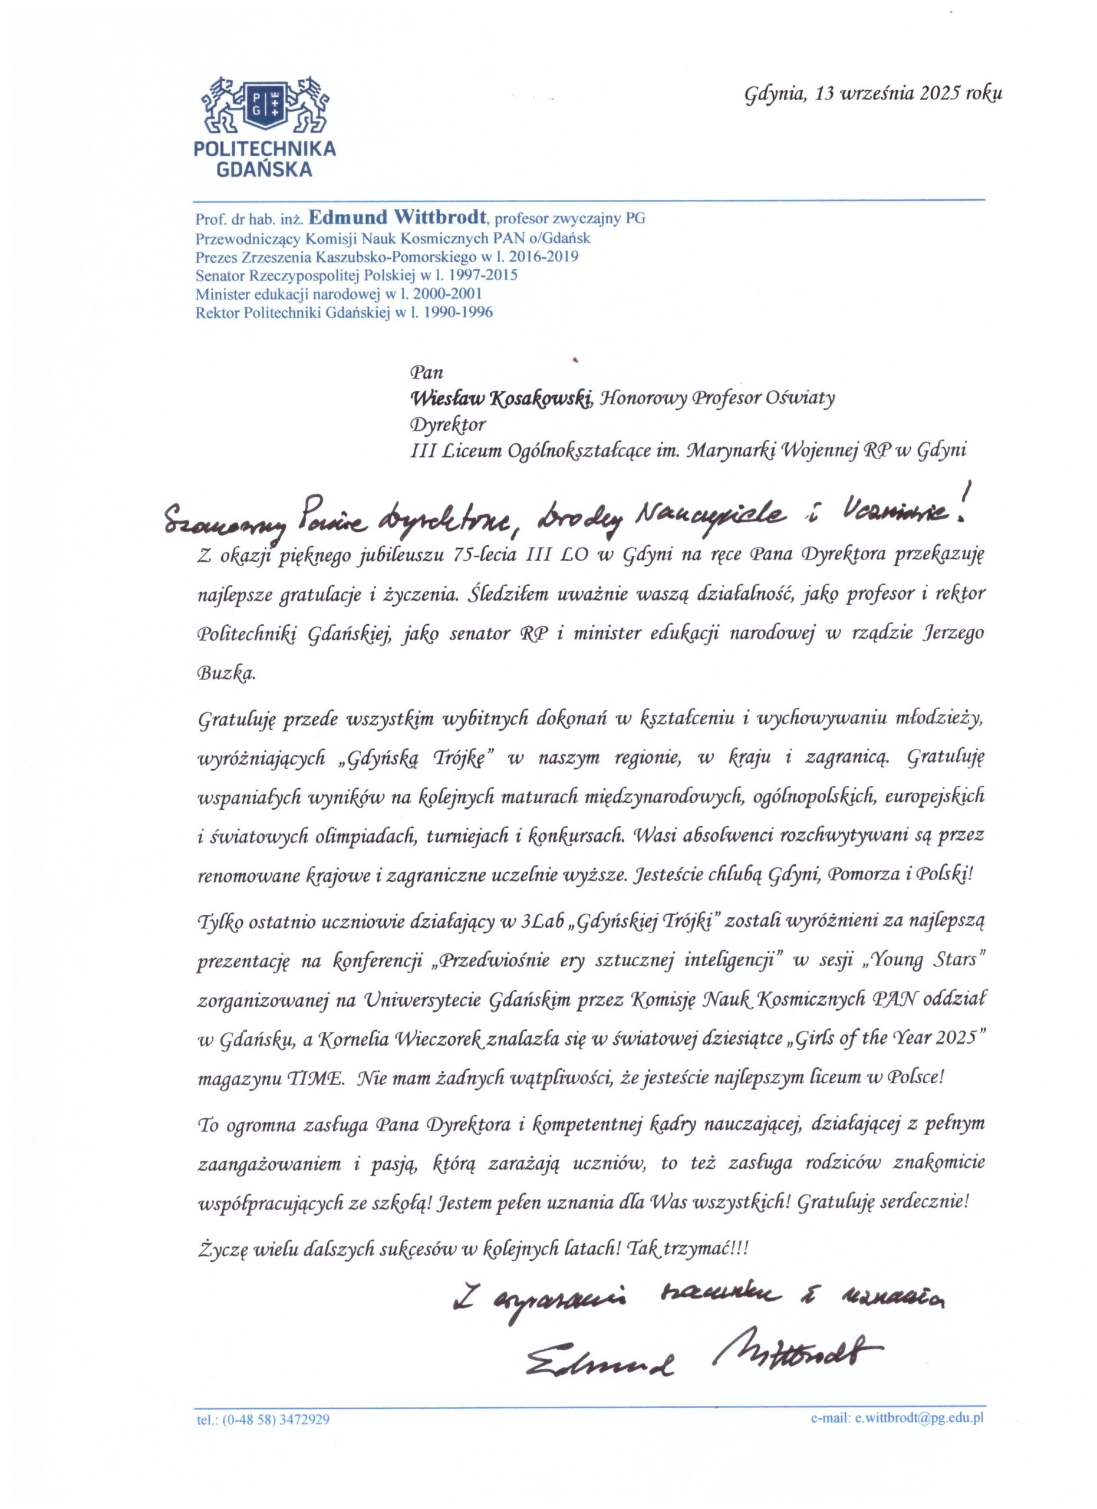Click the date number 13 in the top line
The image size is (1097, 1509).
pyautogui.click(x=826, y=93)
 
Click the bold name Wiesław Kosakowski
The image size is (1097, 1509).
pyautogui.click(x=502, y=398)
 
